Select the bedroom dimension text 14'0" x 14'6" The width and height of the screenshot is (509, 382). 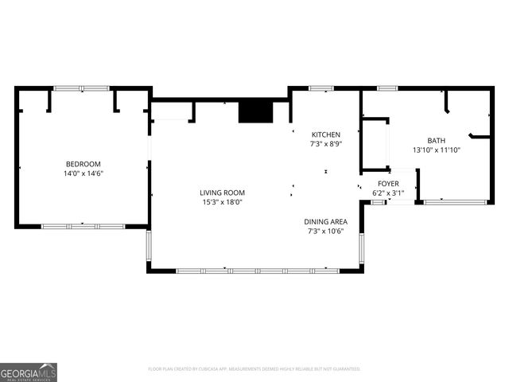pyautogui.click(x=84, y=173)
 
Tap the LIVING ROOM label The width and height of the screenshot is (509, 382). pyautogui.click(x=222, y=193)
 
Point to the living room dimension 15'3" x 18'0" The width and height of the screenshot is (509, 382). pyautogui.click(x=222, y=202)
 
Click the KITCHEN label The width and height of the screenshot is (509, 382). pyautogui.click(x=325, y=134)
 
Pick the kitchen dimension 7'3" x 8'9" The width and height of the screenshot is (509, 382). pyautogui.click(x=325, y=144)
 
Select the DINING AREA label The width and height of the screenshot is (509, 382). pyautogui.click(x=325, y=221)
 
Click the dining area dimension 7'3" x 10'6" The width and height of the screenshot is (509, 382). pyautogui.click(x=325, y=231)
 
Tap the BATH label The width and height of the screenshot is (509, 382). pyautogui.click(x=437, y=140)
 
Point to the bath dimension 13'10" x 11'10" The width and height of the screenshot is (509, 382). pyautogui.click(x=437, y=150)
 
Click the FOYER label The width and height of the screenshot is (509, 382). pyautogui.click(x=388, y=183)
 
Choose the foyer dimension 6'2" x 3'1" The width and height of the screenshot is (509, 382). pyautogui.click(x=388, y=193)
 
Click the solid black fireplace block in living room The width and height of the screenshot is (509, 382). pyautogui.click(x=254, y=111)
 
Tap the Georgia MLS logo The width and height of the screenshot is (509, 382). pyautogui.click(x=29, y=372)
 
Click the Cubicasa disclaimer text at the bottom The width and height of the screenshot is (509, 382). pyautogui.click(x=254, y=369)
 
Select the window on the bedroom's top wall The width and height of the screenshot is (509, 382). pyautogui.click(x=81, y=88)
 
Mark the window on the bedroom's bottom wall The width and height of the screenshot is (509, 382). pyautogui.click(x=83, y=227)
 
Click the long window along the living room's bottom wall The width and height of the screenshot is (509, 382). pyautogui.click(x=256, y=271)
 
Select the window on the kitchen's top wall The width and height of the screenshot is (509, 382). pyautogui.click(x=321, y=88)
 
